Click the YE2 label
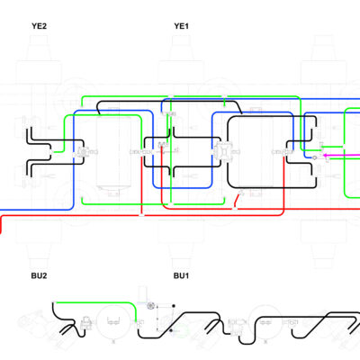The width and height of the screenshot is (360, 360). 39,26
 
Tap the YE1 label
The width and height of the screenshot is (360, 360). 181,26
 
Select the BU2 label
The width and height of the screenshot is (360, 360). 39,275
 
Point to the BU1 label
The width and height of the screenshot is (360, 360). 181,275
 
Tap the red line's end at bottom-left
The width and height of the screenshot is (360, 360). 1,231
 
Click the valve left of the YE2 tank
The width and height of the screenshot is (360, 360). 82,152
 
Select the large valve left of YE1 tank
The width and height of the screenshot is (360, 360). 222,151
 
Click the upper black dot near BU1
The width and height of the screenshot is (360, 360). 174,306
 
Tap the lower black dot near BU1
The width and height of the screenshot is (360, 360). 171,330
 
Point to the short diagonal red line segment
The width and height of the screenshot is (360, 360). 238,200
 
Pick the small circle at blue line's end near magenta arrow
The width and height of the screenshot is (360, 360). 314,157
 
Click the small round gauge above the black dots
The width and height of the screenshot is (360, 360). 150,306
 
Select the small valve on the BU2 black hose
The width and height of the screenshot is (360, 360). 86,322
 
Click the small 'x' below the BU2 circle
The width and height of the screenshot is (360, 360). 113,342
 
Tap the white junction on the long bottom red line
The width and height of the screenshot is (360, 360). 141,215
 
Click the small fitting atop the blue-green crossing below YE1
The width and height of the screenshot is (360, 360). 170,204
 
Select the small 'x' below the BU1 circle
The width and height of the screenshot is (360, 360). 265,342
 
